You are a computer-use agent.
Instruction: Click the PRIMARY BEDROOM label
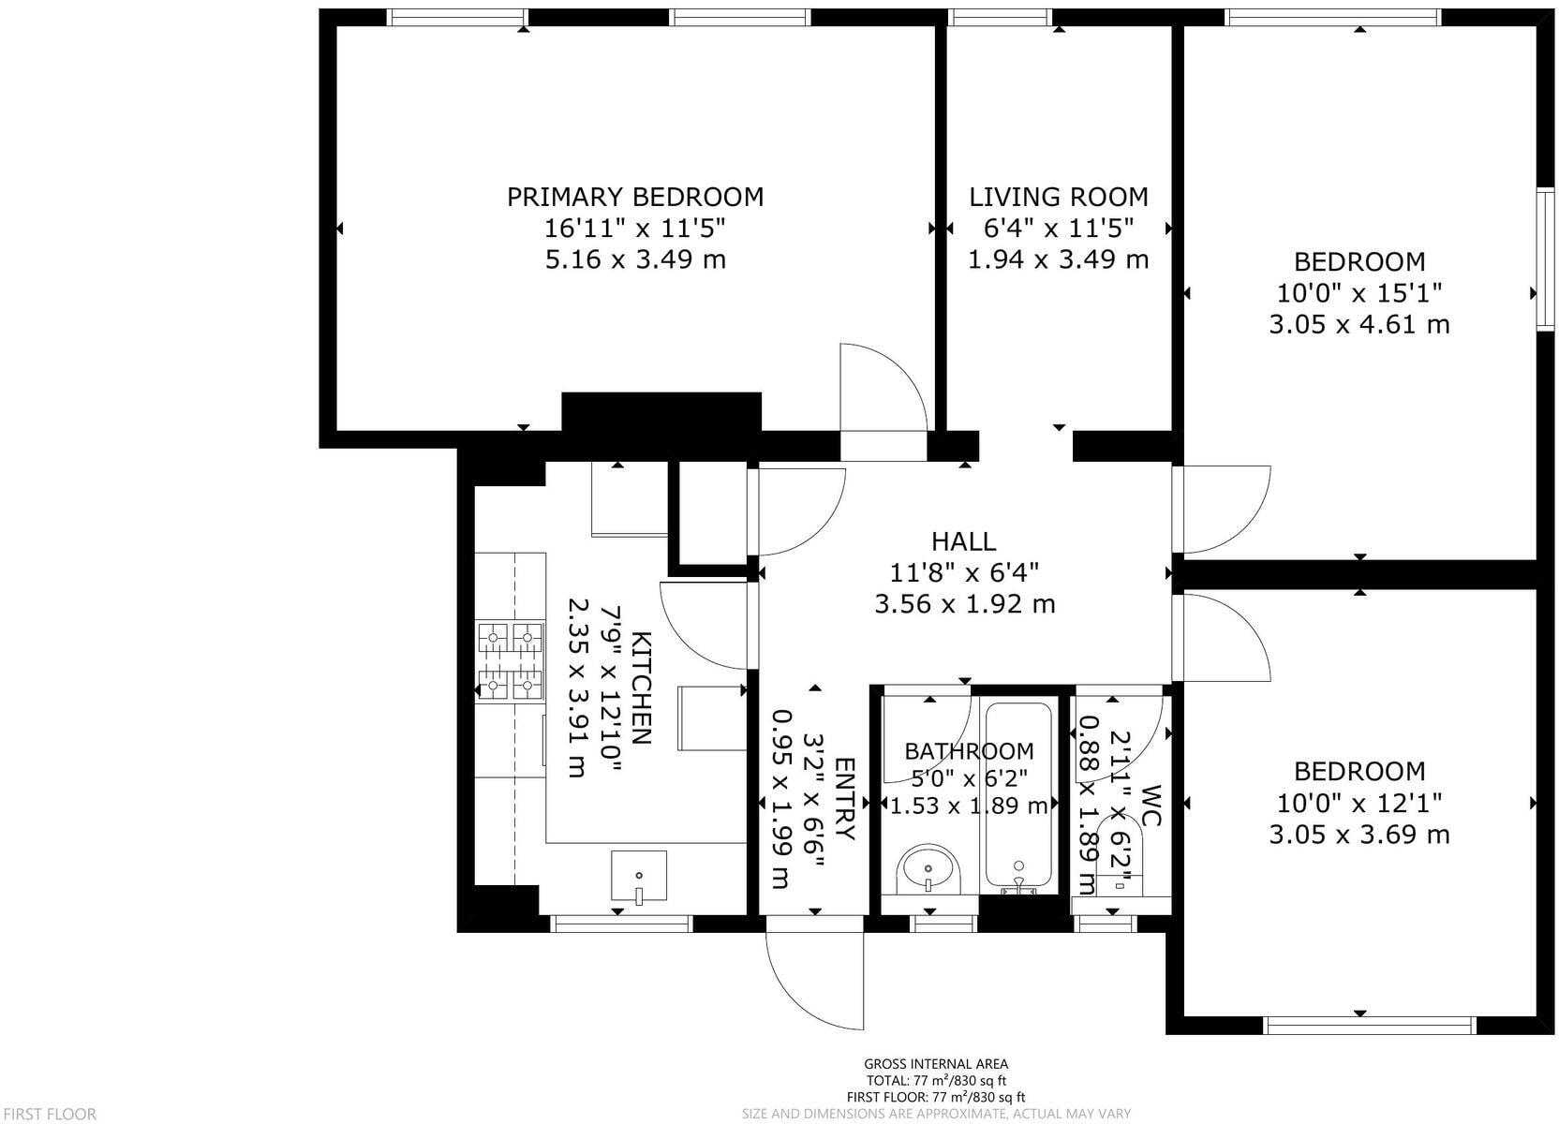(635, 197)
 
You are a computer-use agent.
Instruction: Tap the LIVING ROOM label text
(1058, 197)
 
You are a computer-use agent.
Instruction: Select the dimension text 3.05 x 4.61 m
(1359, 325)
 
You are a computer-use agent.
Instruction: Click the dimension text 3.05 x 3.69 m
(1359, 835)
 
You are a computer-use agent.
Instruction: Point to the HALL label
(963, 541)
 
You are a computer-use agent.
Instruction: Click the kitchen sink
(639, 877)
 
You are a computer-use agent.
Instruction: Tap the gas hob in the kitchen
(511, 662)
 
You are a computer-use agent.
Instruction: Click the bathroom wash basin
(928, 870)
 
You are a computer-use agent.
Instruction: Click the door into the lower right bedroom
(1223, 637)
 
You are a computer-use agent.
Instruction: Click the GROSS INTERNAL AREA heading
(935, 1063)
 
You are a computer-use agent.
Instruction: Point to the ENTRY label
(843, 799)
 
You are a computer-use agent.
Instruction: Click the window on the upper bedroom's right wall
(1545, 259)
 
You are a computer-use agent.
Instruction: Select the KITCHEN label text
(641, 688)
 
